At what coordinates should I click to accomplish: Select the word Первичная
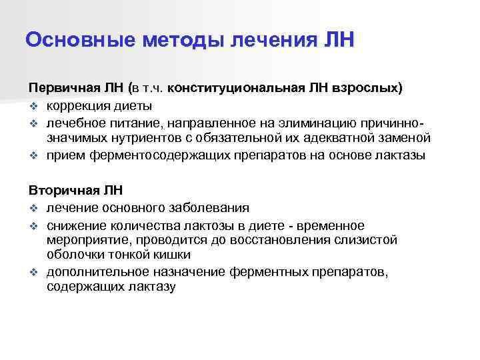click(59, 89)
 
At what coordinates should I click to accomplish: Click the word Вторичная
click(59, 190)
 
